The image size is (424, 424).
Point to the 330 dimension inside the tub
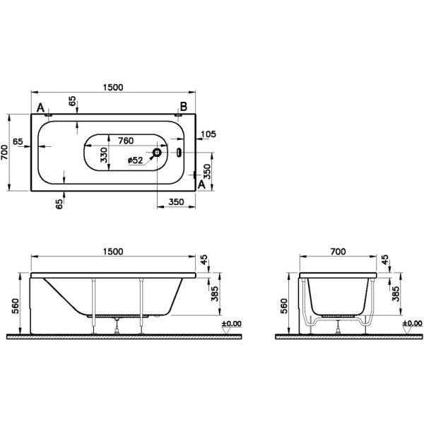coord(104,155)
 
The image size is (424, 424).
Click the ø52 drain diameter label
coord(136,161)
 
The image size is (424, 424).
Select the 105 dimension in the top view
coord(208,134)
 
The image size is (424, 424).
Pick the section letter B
coord(182,107)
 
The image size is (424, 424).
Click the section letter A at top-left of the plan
coord(41,107)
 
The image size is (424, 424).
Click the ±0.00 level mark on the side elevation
coord(230,324)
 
